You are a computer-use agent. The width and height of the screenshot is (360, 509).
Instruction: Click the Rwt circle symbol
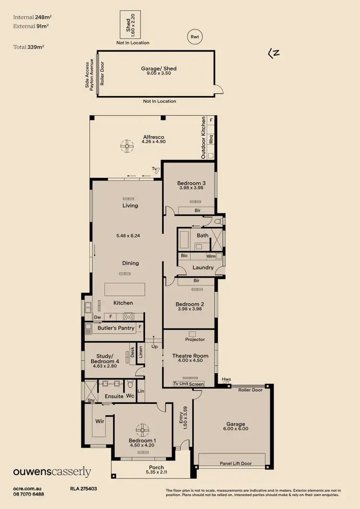pos(194,36)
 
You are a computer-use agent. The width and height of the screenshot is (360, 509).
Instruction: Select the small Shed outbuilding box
pos(130,24)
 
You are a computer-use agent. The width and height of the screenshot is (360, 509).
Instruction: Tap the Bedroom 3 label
pos(191,183)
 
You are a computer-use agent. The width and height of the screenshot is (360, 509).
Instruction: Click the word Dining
pos(131,263)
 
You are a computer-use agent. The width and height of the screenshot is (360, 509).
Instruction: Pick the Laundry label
pos(203,267)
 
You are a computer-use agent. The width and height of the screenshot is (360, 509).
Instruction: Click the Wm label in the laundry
pos(210,256)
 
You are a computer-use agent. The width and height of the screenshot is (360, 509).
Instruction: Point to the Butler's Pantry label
pos(116,328)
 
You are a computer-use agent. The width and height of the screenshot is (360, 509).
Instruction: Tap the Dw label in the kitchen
pos(97,317)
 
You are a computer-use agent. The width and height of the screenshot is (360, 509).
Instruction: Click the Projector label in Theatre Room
pos(195,339)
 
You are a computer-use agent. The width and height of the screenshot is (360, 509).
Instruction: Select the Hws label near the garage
pos(226,379)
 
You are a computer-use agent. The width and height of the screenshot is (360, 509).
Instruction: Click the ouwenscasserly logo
pos(52,472)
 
